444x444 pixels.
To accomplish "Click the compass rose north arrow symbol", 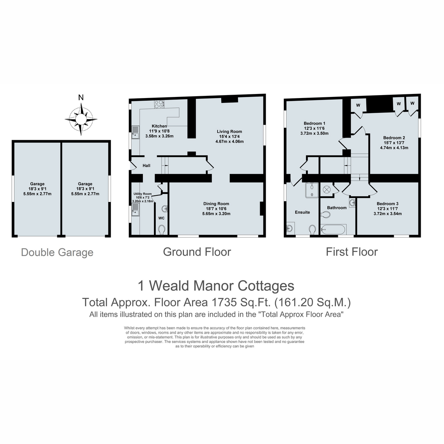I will click(81, 119).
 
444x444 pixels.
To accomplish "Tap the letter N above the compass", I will click(81, 98).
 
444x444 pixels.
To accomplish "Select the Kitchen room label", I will click(159, 126).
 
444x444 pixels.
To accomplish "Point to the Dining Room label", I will click(216, 203).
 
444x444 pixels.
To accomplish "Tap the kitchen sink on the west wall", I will click(135, 132).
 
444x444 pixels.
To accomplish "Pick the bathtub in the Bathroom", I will click(333, 229).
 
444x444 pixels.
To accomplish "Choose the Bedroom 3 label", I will click(387, 203).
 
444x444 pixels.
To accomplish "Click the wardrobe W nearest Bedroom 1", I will click(358, 105).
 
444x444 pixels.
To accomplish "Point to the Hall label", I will click(147, 165).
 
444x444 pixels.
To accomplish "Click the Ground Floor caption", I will click(197, 252).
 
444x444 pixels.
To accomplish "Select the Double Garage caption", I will click(57, 253).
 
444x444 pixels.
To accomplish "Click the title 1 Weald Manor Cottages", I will click(216, 286).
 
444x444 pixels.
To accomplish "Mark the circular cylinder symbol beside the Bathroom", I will click(327, 189).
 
